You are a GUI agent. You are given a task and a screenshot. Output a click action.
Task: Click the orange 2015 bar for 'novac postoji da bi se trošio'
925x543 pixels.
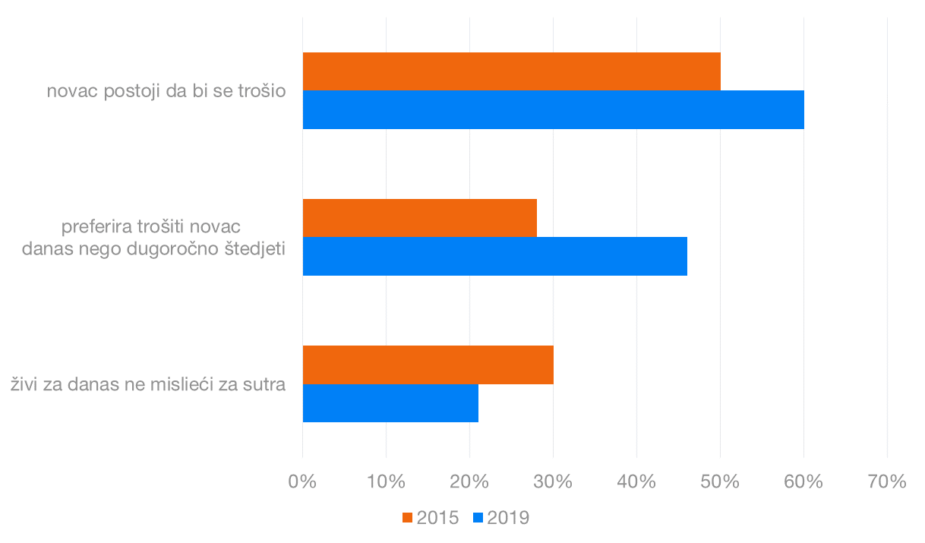pyautogui.click(x=511, y=71)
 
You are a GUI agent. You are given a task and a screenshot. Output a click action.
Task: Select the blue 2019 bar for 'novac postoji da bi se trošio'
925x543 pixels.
pyautogui.click(x=553, y=109)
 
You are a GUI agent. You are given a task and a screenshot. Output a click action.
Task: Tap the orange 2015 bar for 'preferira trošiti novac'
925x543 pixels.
pyautogui.click(x=419, y=218)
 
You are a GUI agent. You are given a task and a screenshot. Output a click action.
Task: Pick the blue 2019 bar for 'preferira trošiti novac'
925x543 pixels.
pyautogui.click(x=494, y=256)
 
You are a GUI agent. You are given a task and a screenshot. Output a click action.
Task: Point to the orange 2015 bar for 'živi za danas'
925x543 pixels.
pyautogui.click(x=428, y=365)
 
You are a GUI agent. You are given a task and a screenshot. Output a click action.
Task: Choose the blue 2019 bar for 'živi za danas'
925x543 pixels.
pyautogui.click(x=390, y=403)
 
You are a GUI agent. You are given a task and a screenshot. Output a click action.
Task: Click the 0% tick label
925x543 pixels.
pyautogui.click(x=303, y=481)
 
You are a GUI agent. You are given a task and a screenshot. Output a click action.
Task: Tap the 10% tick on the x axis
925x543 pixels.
pyautogui.click(x=386, y=481)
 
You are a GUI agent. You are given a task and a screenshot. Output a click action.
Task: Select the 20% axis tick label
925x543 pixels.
pyautogui.click(x=469, y=481)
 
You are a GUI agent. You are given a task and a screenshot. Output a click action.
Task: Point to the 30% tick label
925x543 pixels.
pyautogui.click(x=553, y=481)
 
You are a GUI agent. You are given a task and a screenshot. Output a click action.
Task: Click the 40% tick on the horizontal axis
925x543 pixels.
pyautogui.click(x=636, y=481)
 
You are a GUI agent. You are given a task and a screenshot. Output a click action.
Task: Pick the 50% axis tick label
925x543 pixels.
pyautogui.click(x=720, y=481)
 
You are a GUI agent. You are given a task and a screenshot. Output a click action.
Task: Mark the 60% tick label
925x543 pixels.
pyautogui.click(x=803, y=481)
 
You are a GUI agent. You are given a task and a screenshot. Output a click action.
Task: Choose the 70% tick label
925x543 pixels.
pyautogui.click(x=887, y=481)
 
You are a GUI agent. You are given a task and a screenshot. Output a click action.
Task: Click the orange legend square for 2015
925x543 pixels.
pyautogui.click(x=407, y=518)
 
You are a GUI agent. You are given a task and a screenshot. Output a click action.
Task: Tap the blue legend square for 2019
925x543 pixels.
pyautogui.click(x=478, y=518)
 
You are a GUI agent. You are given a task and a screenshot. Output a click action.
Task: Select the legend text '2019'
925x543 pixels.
pyautogui.click(x=507, y=518)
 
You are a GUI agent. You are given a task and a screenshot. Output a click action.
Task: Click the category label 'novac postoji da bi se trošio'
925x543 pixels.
pyautogui.click(x=166, y=91)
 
